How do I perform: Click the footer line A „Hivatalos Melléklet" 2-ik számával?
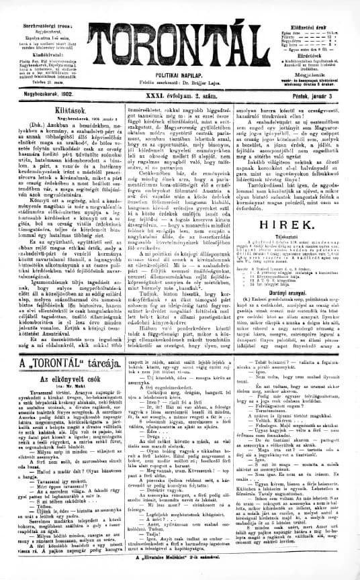(180, 575)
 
